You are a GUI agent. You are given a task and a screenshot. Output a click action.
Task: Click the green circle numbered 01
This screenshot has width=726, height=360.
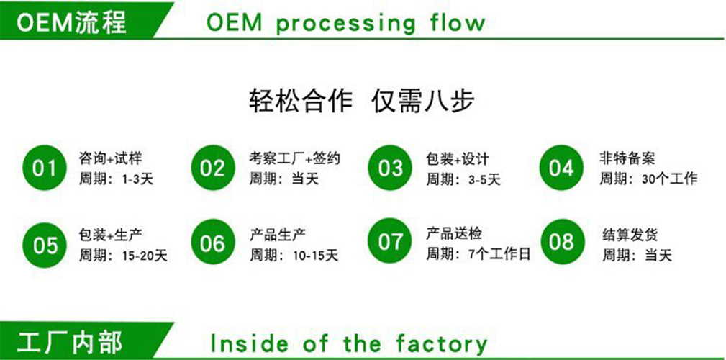(44, 168)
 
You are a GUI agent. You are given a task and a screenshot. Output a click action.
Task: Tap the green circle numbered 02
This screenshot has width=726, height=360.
(213, 168)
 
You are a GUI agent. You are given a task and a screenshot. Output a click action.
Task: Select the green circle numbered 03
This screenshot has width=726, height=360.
(390, 168)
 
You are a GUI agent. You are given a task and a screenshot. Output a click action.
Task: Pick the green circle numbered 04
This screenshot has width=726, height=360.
(561, 168)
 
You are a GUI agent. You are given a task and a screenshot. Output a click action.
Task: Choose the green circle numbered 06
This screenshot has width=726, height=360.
(213, 243)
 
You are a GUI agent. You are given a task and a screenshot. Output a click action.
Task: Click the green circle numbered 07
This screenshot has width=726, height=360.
(390, 240)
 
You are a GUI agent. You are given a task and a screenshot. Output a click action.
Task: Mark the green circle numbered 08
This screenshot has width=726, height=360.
(561, 240)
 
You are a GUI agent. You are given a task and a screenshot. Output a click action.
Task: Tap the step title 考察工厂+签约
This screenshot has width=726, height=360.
(294, 158)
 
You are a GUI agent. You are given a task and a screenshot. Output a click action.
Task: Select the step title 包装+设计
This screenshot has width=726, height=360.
(457, 158)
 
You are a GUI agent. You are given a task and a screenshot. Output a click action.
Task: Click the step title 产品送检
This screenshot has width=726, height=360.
(454, 234)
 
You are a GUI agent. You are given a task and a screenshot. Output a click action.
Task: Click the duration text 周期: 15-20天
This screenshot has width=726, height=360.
(122, 255)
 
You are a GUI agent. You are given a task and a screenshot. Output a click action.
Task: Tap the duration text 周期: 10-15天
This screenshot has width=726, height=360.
(294, 255)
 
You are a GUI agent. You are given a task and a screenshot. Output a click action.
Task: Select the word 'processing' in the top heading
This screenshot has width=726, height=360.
(345, 23)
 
